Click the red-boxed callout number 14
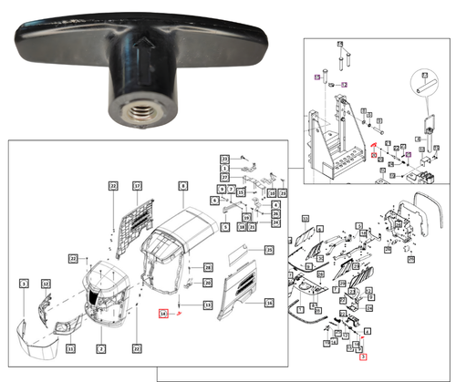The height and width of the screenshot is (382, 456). click(163, 314)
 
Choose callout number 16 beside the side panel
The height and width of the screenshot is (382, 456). click(269, 302)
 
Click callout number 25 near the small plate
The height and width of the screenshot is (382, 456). click(269, 249)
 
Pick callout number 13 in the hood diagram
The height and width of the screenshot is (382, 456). click(208, 304)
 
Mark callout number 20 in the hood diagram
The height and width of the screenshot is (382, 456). click(208, 284)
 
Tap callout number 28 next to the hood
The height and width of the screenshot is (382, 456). click(208, 266)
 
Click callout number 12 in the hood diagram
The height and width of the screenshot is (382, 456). click(45, 285)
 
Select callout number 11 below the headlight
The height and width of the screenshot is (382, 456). click(70, 349)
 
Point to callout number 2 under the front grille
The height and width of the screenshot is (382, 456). click(102, 348)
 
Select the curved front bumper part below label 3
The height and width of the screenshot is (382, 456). click(35, 347)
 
